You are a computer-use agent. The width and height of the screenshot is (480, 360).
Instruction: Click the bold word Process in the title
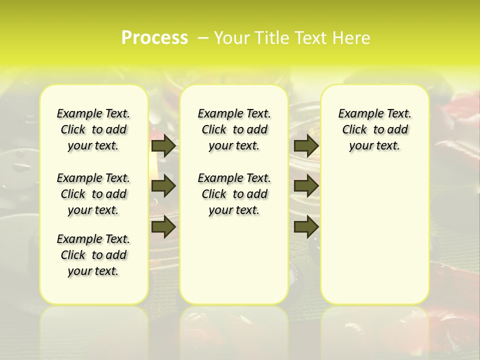[x=154, y=37]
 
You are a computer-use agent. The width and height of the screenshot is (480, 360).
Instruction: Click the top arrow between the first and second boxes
[x=163, y=145]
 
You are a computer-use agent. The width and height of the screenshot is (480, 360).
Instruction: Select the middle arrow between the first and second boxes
[x=163, y=186]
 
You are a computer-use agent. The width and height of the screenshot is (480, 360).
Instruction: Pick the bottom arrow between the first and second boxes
[x=163, y=226]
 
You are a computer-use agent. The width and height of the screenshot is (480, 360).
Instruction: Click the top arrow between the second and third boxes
[x=306, y=145]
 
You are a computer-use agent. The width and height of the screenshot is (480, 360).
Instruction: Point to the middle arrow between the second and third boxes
[x=306, y=186]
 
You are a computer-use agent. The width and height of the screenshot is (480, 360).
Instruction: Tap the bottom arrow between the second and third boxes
[x=306, y=226]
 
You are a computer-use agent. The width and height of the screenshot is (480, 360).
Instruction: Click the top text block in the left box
[x=93, y=129]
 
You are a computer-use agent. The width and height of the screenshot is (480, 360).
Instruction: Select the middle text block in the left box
[x=93, y=194]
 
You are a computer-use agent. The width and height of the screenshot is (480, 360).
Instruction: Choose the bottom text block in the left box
[x=93, y=255]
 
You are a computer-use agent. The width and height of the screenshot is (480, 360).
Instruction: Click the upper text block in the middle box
[x=234, y=129]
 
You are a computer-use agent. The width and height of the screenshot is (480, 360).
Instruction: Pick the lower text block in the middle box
[x=234, y=194]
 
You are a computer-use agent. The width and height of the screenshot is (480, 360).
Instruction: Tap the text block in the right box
[x=375, y=129]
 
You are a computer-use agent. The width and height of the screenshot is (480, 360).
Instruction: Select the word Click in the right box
[x=354, y=130]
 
